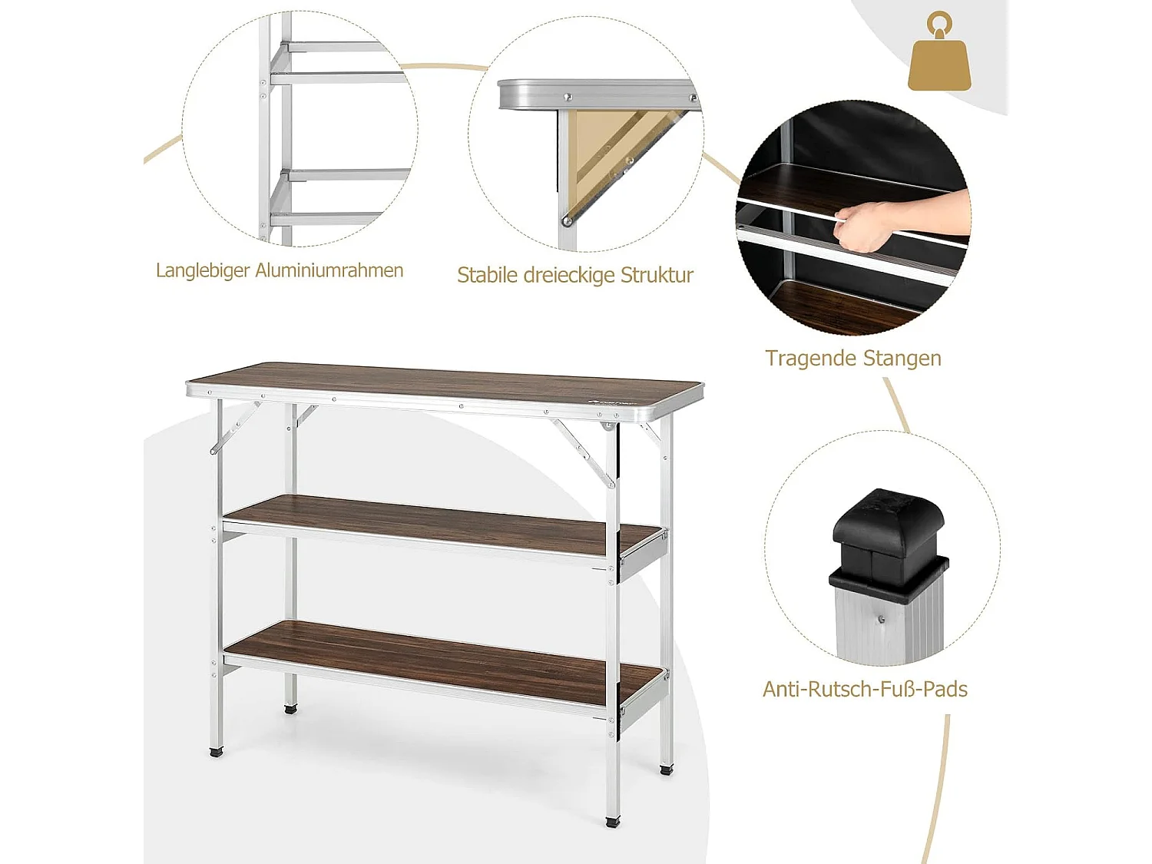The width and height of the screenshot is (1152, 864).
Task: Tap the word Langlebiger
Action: [203, 270]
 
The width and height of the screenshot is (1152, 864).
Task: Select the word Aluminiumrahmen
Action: [329, 270]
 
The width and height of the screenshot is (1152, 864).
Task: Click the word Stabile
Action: [487, 275]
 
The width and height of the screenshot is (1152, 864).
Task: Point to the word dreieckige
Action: [569, 275]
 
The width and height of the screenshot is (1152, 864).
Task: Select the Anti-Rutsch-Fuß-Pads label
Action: [865, 689]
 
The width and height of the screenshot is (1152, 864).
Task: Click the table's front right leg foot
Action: [612, 821]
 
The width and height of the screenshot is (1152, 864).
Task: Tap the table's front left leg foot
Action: [216, 753]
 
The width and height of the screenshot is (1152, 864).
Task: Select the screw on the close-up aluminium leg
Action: [881, 619]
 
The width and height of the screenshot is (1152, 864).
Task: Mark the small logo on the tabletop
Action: [614, 402]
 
